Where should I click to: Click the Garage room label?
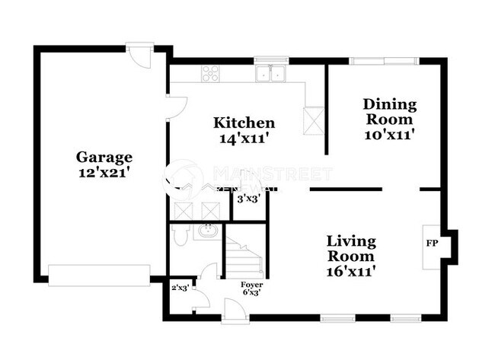(104, 158)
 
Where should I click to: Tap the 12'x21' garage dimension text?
(104, 173)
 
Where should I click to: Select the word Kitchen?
(244, 123)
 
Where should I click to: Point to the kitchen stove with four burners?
(210, 74)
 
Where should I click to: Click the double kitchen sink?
(271, 74)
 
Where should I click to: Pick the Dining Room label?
(388, 111)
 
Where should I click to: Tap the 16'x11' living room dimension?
(351, 269)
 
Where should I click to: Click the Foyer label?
(251, 285)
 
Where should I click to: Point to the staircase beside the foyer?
(244, 257)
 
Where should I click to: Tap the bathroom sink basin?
(206, 231)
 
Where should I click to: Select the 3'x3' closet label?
(248, 199)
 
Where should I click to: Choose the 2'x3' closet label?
(180, 288)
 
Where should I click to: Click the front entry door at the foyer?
(228, 309)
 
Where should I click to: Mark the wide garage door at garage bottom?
(99, 275)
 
